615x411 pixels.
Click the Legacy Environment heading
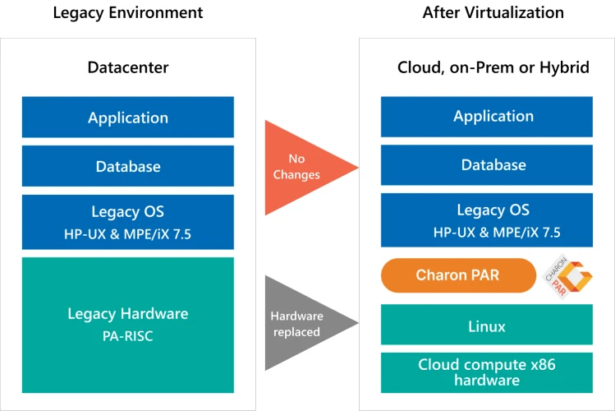tap(128, 13)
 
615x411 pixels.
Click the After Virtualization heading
tap(493, 12)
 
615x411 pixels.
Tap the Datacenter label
tap(128, 67)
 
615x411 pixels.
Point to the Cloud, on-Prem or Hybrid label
tap(493, 67)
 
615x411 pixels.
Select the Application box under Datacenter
tap(128, 117)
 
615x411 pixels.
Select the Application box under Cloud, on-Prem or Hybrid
tap(487, 117)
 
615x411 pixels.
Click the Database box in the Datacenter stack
tap(128, 166)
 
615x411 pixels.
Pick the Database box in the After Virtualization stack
tap(487, 165)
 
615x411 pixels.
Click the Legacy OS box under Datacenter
tap(128, 222)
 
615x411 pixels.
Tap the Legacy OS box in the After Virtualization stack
tap(487, 219)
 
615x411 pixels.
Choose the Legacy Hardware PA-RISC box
tap(128, 325)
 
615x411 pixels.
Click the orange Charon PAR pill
tap(458, 275)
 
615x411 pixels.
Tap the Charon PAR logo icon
tap(567, 276)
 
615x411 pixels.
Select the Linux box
tap(487, 325)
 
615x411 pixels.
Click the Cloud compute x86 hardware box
tap(487, 372)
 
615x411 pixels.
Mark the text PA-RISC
tap(128, 336)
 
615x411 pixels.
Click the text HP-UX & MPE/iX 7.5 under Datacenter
tap(128, 234)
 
